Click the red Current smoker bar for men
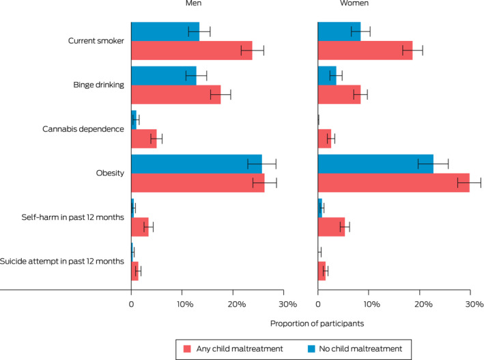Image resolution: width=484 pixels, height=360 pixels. pyautogui.click(x=191, y=51)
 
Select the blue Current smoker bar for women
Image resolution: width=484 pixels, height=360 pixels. pyautogui.click(x=339, y=31)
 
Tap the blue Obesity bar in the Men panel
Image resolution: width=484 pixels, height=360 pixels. pyautogui.click(x=196, y=163)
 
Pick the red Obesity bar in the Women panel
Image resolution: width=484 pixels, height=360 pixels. pyautogui.click(x=393, y=182)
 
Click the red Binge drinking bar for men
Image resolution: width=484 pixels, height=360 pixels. pyautogui.click(x=175, y=94)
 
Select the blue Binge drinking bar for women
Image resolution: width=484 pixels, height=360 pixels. pyautogui.click(x=327, y=75)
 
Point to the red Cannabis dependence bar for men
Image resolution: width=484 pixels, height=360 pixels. pyautogui.click(x=143, y=139)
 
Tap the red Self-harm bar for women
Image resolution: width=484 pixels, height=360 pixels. pyautogui.click(x=331, y=227)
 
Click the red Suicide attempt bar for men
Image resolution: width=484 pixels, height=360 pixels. pyautogui.click(x=134, y=271)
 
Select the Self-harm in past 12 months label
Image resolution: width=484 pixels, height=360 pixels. pyautogui.click(x=72, y=217)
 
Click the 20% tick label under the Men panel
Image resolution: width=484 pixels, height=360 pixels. pyautogui.click(x=234, y=303)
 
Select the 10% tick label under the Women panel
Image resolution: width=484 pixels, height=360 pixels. pyautogui.click(x=369, y=303)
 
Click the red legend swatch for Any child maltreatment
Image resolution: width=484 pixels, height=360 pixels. pyautogui.click(x=186, y=348)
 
